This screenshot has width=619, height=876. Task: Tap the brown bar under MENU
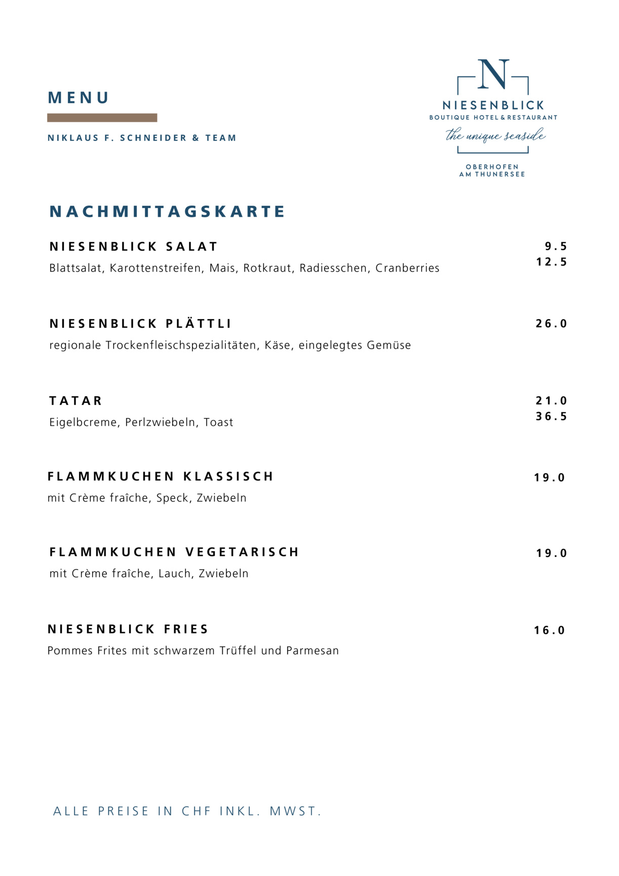(102, 118)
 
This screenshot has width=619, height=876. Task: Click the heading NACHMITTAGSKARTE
(167, 212)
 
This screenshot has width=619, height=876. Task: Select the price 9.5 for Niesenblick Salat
(556, 247)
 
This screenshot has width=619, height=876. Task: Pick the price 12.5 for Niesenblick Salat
(552, 262)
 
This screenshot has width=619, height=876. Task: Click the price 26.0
(552, 324)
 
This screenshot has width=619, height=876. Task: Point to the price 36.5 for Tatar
(552, 416)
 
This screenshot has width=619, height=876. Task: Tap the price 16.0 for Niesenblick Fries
(550, 630)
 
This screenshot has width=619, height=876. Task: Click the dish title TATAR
(76, 401)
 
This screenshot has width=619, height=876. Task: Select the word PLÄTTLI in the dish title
(199, 324)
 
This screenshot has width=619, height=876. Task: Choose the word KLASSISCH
(228, 477)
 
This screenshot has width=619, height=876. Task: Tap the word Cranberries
(407, 268)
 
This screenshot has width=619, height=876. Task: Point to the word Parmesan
(313, 651)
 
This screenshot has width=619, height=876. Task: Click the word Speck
(172, 498)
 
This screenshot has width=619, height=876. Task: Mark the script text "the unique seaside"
(495, 136)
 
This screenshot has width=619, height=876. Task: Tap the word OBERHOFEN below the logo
(492, 167)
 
